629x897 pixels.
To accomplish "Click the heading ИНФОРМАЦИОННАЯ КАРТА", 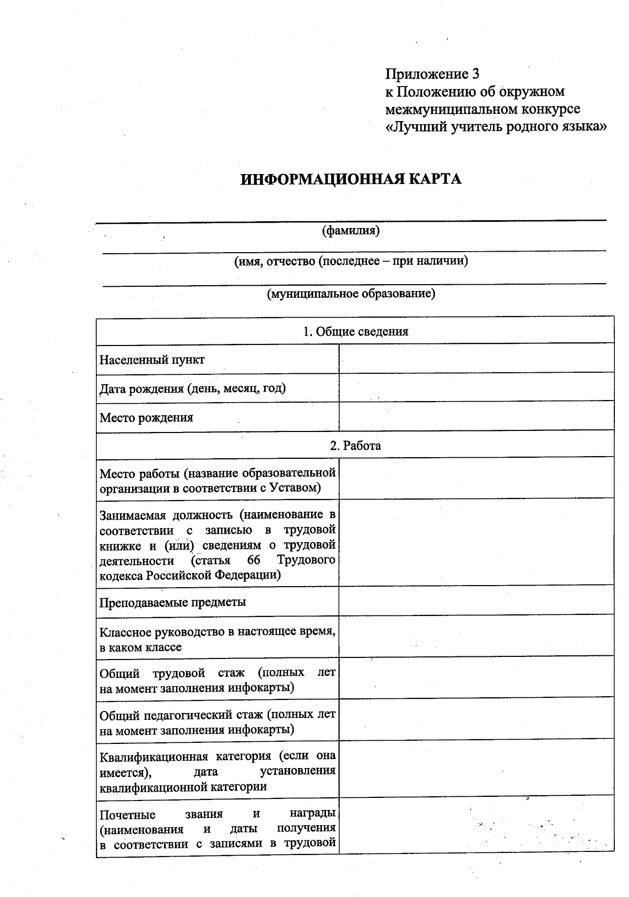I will tap(351, 179).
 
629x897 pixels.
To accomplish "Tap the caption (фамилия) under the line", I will tap(351, 230).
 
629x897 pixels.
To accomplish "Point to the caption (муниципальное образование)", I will tap(351, 294).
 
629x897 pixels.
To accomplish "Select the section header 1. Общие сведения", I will tap(355, 331).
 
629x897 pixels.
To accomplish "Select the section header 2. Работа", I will tap(355, 446).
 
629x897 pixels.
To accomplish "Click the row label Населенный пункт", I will tap(152, 360).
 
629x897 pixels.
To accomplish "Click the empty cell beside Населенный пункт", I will tap(476, 359).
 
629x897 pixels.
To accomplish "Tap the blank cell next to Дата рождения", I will tap(476, 387).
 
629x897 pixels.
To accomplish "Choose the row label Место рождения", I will tap(146, 418).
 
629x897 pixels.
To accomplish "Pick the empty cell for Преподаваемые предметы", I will tap(476, 601).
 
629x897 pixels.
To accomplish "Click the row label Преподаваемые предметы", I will tap(173, 602).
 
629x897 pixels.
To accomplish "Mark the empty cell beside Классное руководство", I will tap(476, 635).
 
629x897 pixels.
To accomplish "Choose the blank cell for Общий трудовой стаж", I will tap(476, 677).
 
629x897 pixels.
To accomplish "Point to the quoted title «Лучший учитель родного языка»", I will tap(496, 127).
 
